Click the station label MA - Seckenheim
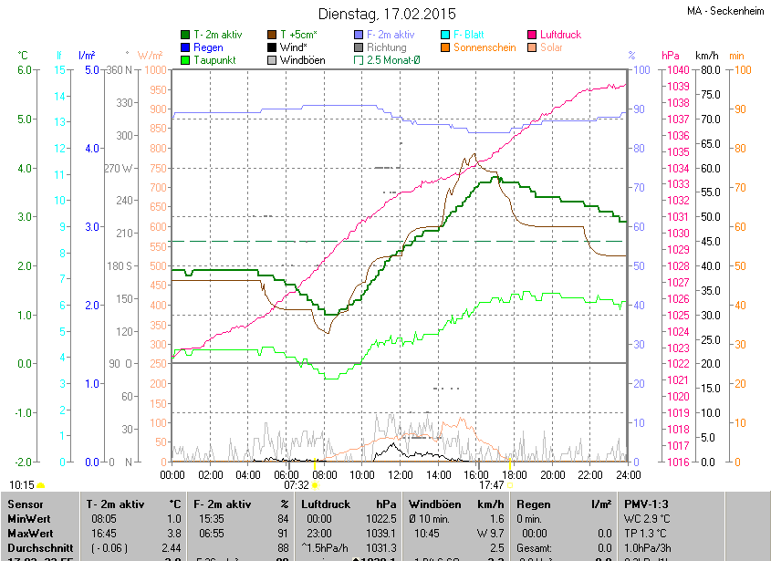click(726, 11)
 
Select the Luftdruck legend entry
click(560, 35)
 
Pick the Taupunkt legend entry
click(215, 60)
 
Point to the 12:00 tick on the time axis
click(401, 474)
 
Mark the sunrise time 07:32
click(297, 485)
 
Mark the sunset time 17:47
click(492, 485)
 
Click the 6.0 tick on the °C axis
click(25, 70)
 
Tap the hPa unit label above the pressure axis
click(671, 56)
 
